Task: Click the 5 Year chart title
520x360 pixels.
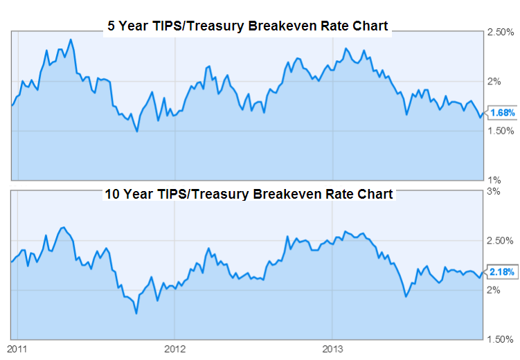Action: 247,27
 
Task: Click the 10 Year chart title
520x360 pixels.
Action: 248,194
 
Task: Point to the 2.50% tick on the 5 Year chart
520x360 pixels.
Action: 499,33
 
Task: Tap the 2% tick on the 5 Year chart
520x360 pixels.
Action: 494,82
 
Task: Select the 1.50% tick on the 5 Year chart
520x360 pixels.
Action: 499,131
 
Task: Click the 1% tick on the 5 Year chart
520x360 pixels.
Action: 494,179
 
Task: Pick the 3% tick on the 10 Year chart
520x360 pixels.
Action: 494,190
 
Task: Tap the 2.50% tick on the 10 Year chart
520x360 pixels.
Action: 499,240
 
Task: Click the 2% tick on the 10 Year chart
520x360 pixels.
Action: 494,290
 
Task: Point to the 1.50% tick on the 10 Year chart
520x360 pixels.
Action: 499,339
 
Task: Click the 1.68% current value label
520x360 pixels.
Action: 501,113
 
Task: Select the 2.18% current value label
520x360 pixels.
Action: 501,272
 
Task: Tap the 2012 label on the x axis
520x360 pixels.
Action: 175,348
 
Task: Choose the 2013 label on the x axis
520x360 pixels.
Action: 333,348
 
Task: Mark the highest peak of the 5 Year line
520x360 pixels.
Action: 71,39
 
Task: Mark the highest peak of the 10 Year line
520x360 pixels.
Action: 63,227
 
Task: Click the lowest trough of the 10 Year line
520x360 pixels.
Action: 136,313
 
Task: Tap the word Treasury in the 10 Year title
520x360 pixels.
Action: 216,194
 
